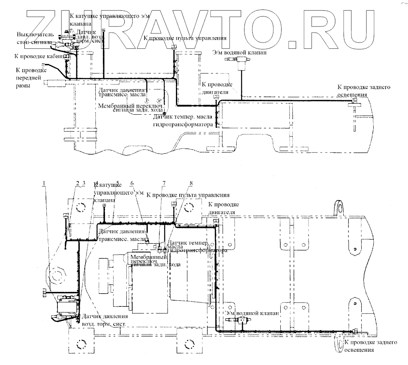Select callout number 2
77,183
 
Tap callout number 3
83,183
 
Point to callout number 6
132,183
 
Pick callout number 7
164,183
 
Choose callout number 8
191,183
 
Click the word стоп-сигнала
34,42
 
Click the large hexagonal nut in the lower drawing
57,274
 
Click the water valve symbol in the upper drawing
239,60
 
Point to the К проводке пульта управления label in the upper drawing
185,38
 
